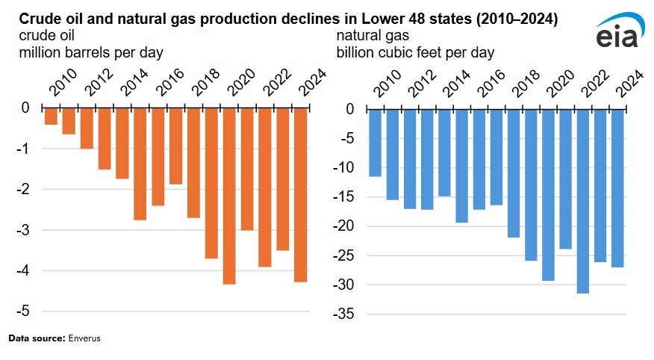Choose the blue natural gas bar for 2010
(375, 142)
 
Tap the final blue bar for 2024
(617, 187)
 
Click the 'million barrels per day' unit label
(87, 52)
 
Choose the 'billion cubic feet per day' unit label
(414, 52)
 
